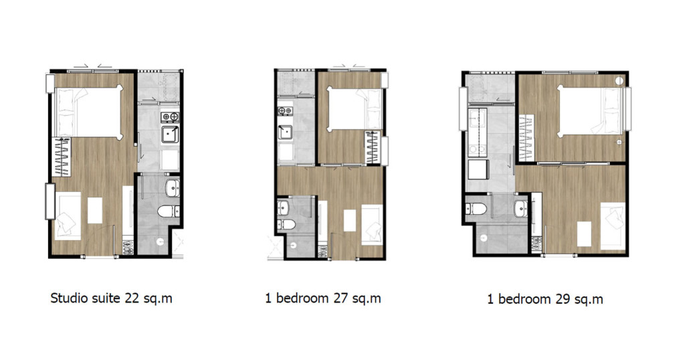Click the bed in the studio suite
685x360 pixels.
[87, 111]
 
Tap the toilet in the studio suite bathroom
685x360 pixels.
[166, 213]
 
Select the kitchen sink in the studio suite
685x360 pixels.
[170, 137]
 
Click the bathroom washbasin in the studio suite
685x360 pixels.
[172, 188]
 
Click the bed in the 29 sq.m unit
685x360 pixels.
[591, 111]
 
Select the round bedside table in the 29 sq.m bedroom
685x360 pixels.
[619, 82]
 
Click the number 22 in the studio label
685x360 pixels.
[131, 298]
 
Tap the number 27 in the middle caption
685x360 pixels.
[340, 298]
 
